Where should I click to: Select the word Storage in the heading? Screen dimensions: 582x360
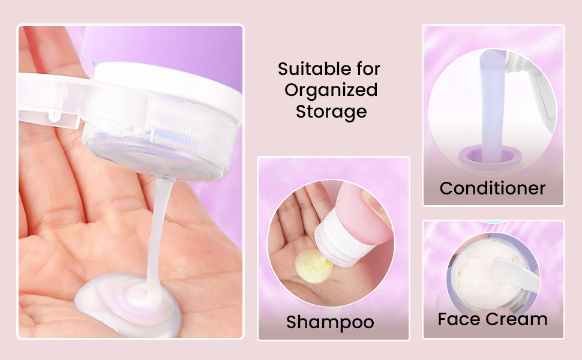click(331, 112)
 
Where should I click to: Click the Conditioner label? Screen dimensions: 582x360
click(493, 188)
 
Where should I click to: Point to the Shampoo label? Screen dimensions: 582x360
click(330, 323)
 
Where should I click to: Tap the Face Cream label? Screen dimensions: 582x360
click(493, 319)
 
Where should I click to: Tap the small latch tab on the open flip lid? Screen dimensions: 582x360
click(54, 116)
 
